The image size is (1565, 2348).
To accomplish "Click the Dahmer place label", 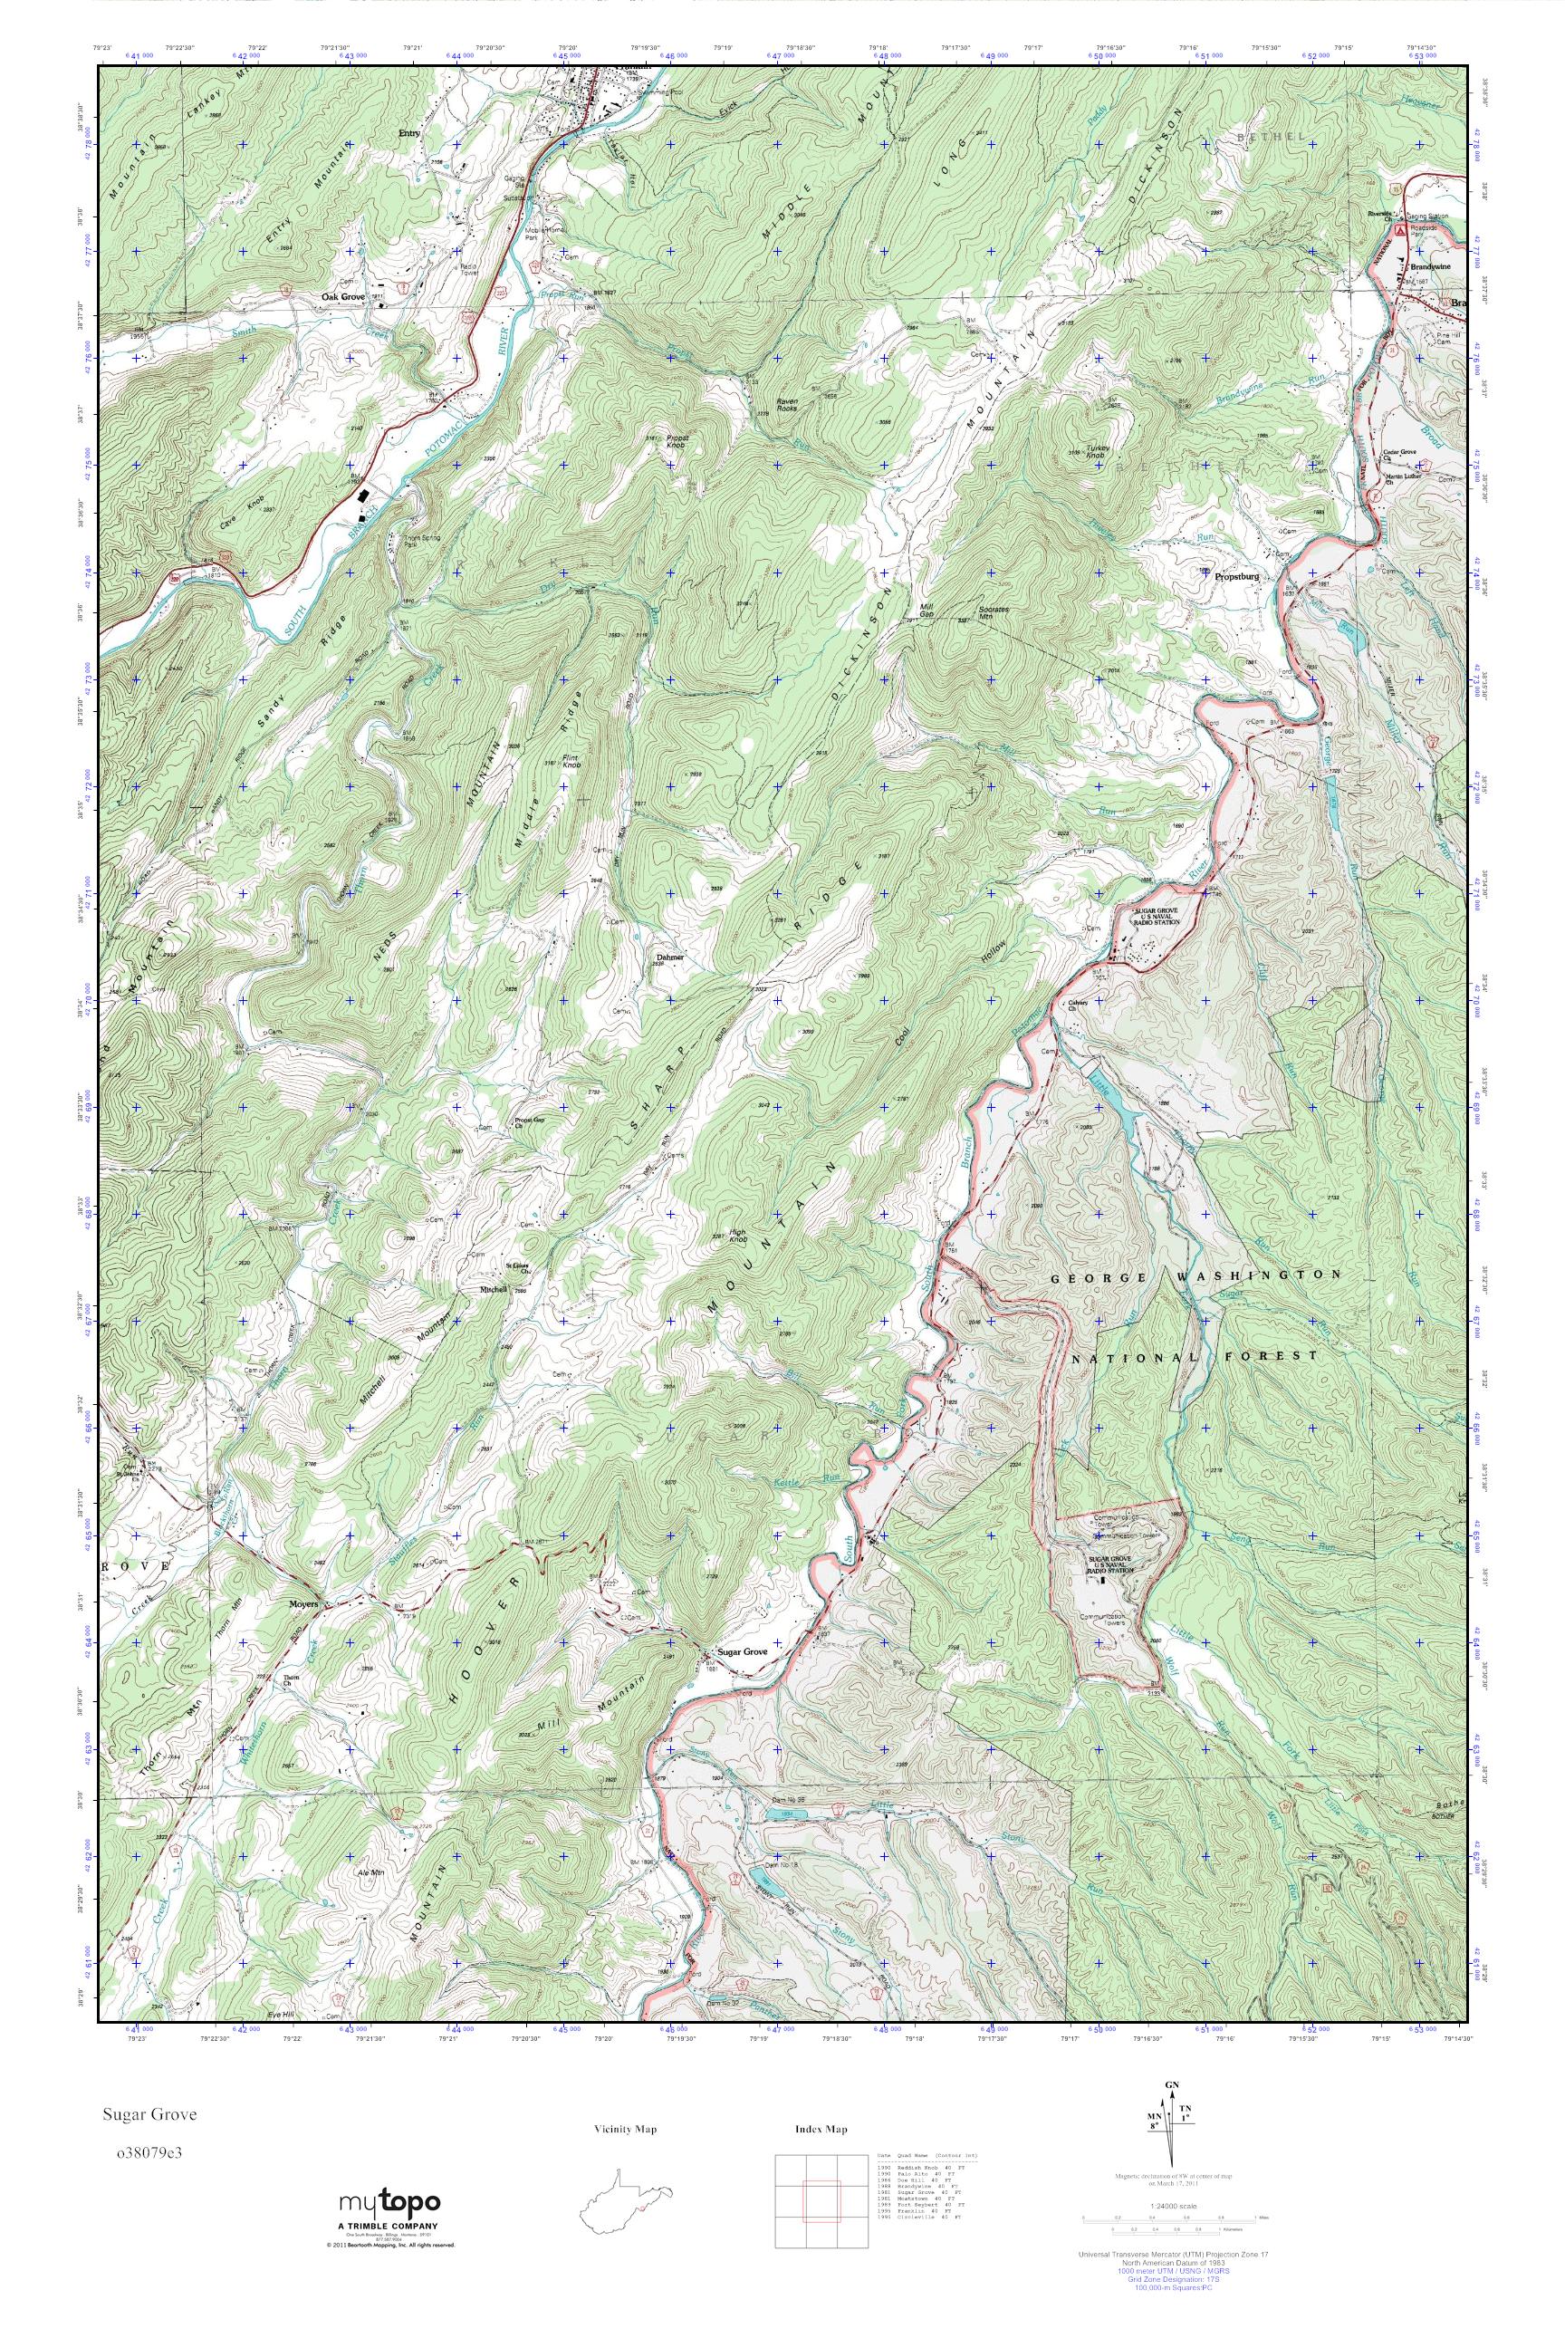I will pos(668,957).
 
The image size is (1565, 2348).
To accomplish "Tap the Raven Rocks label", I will pos(773,420).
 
